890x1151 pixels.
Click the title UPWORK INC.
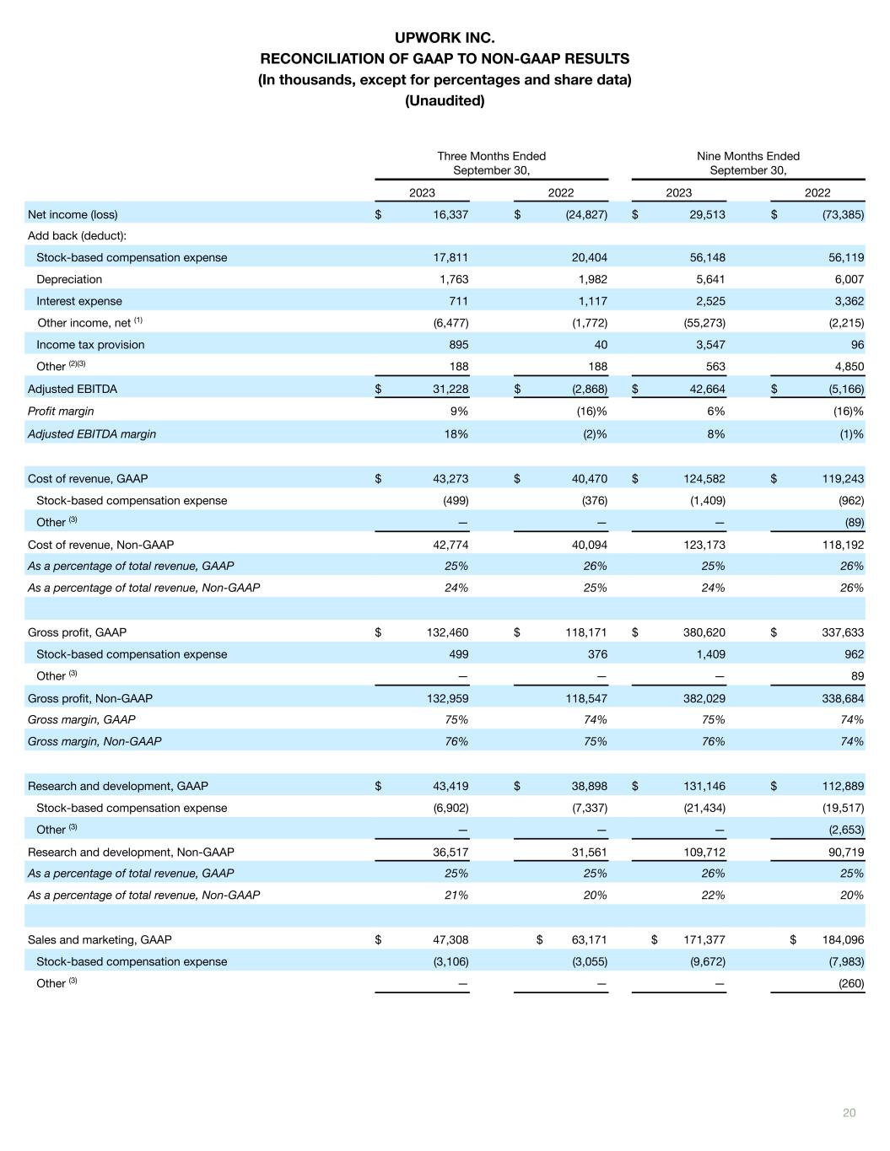point(445,38)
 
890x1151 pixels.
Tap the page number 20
point(849,1113)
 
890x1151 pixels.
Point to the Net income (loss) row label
point(73,214)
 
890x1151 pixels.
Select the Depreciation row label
point(69,279)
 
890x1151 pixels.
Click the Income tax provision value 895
point(458,344)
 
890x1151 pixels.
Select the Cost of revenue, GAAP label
point(88,478)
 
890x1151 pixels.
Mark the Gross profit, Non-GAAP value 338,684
point(841,698)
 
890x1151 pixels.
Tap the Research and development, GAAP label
point(118,786)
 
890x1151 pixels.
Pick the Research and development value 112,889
point(841,786)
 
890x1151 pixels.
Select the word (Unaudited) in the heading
point(445,100)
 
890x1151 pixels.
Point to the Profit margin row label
point(61,411)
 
